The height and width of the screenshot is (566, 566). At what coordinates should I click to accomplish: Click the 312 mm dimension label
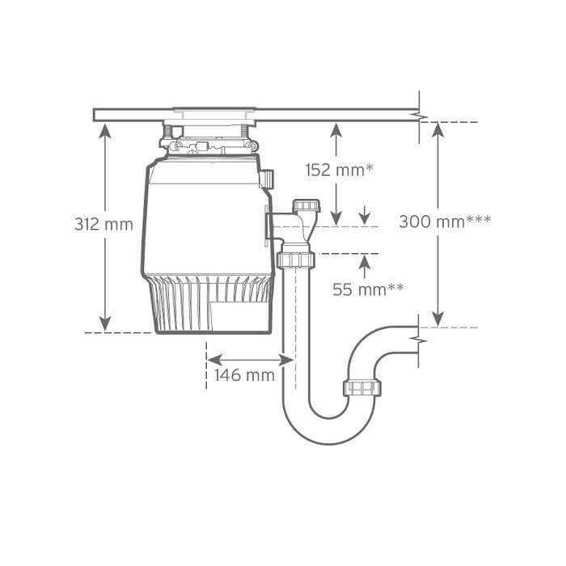pyautogui.click(x=103, y=224)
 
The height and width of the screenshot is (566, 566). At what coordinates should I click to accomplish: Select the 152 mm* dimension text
pyautogui.click(x=339, y=170)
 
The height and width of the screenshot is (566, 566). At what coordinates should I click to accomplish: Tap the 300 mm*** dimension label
pyautogui.click(x=445, y=222)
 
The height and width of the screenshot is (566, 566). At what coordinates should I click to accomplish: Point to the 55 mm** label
pyautogui.click(x=368, y=289)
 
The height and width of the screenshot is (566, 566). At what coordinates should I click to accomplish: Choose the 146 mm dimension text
pyautogui.click(x=244, y=375)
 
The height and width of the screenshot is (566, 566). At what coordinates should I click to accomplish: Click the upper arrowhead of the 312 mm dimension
pyautogui.click(x=105, y=131)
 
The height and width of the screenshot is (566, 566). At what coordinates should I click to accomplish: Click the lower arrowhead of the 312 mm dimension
pyautogui.click(x=105, y=323)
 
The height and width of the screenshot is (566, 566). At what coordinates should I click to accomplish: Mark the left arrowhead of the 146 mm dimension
pyautogui.click(x=214, y=360)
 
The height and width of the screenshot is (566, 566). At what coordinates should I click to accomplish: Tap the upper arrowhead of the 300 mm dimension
pyautogui.click(x=438, y=130)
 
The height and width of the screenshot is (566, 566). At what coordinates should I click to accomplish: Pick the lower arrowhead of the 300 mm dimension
pyautogui.click(x=438, y=319)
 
